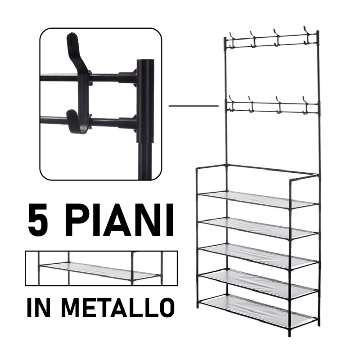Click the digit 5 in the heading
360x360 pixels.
point(38,220)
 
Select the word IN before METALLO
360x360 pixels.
point(39,307)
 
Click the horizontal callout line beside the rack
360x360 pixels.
point(193,106)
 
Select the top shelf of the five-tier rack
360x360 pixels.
point(258,199)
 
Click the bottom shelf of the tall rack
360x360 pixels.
point(258,310)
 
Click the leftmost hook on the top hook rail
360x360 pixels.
point(232,40)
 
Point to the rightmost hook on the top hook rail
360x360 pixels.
point(306,36)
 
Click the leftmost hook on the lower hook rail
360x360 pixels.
point(231,104)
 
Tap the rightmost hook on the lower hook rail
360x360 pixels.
point(306,105)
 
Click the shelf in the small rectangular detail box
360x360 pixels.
point(100,270)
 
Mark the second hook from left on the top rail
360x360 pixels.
point(253,40)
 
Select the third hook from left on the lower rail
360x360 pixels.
point(279,105)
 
